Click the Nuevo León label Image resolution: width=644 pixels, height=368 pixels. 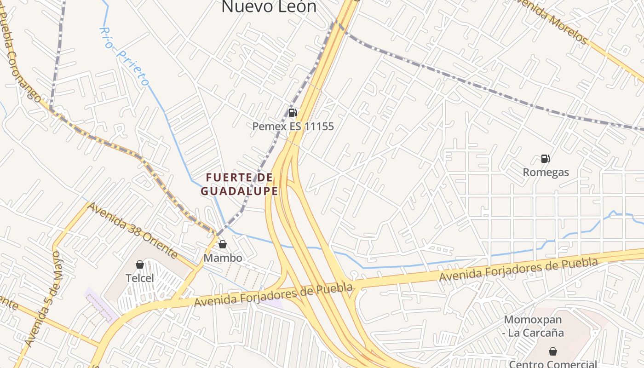[269, 7]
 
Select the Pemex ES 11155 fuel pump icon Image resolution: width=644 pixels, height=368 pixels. [293, 112]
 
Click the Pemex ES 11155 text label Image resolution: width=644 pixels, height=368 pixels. [293, 126]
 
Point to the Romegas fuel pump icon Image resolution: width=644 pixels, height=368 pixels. [546, 159]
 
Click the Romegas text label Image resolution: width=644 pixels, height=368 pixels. [546, 172]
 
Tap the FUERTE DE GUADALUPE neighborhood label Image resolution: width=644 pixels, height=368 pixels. [240, 184]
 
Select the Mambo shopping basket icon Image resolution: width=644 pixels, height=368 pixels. [223, 244]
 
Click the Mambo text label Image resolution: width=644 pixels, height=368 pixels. [223, 258]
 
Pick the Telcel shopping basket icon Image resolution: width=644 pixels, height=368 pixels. [140, 264]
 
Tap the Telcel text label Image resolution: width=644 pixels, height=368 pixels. [140, 278]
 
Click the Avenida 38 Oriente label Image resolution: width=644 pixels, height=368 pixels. [132, 230]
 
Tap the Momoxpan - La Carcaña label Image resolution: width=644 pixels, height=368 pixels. [533, 326]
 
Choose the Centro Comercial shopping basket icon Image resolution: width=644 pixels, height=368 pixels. [553, 351]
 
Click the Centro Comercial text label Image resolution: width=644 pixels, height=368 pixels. [553, 364]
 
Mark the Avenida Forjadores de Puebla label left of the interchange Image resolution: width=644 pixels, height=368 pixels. [273, 295]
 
